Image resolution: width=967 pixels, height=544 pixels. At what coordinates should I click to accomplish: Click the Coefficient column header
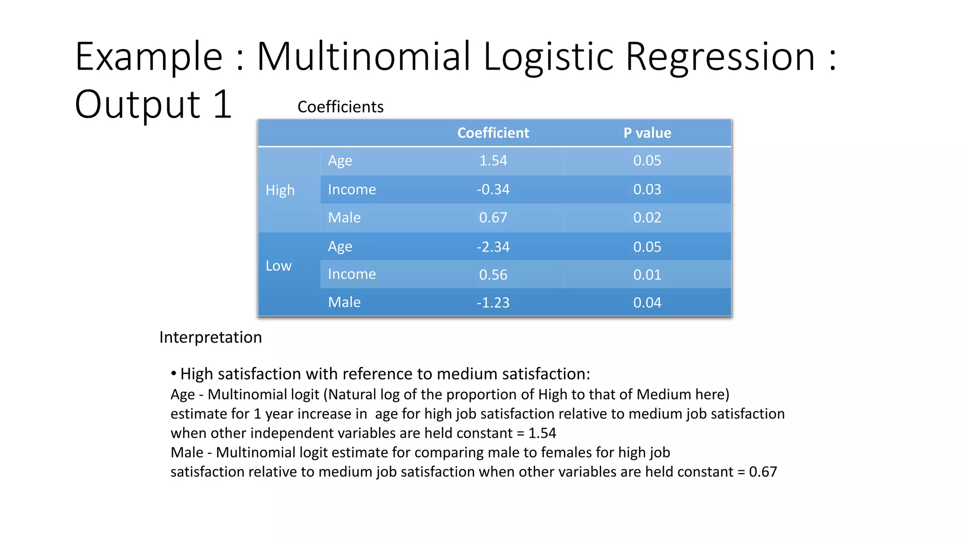point(493,133)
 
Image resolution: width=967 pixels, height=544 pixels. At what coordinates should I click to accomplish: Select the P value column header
point(647,133)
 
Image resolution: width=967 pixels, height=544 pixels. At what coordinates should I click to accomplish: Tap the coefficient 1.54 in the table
point(493,161)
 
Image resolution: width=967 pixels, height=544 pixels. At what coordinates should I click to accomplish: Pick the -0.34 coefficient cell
point(493,189)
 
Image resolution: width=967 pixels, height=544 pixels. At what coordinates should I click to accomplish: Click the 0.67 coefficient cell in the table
point(493,218)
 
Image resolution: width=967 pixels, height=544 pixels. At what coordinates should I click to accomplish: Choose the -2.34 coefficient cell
point(493,246)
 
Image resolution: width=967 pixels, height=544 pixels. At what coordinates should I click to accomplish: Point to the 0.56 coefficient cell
point(493,274)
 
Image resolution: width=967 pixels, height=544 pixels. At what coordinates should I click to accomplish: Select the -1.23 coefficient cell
point(493,302)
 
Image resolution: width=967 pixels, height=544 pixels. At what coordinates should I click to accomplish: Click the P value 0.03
point(647,189)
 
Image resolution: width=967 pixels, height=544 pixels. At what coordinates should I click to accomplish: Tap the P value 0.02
point(647,218)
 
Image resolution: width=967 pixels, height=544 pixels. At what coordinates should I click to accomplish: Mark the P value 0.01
point(647,274)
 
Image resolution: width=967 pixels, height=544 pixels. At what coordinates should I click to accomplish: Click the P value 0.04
point(647,302)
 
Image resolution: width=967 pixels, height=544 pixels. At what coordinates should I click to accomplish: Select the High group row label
point(280,190)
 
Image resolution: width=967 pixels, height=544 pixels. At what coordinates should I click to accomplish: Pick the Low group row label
point(279,266)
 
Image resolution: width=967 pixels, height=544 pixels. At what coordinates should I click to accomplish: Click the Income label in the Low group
point(352,274)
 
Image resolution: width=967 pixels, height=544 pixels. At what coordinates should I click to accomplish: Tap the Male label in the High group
point(344,218)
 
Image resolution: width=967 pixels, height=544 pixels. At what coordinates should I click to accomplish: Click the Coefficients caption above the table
point(340,107)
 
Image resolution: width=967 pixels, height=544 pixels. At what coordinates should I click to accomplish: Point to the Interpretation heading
point(211,337)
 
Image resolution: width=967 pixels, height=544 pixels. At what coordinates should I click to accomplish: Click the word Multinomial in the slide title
point(364,57)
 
